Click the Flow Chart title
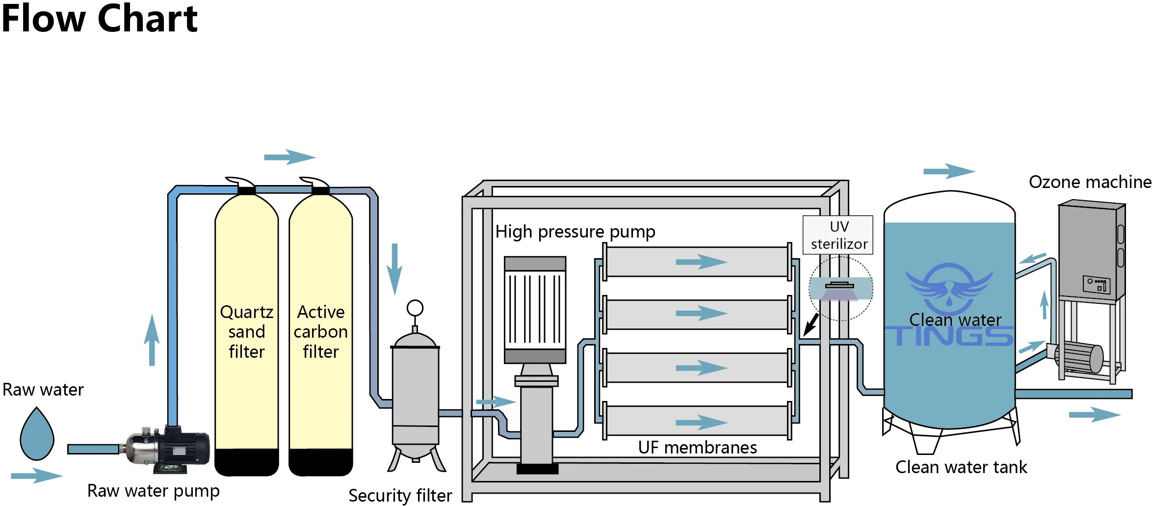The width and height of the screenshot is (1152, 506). pos(99,19)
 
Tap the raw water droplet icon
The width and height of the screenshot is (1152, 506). pos(37,435)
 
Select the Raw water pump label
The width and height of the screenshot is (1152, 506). pos(153,490)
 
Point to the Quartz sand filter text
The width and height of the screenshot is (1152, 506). pos(246,332)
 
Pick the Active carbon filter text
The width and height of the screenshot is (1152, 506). pos(321,332)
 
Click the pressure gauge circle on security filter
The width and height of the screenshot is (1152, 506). pos(415,308)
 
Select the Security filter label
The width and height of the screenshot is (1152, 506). pos(400,495)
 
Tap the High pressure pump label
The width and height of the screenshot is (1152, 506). pos(575,231)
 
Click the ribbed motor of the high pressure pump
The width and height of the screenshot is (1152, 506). pos(535,309)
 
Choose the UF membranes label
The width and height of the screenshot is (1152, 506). pos(697,447)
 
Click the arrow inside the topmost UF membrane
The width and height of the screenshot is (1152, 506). pos(701,262)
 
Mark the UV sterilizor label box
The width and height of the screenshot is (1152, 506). pos(838,235)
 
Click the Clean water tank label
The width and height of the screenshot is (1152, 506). pos(961,467)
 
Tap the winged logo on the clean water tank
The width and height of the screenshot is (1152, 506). pos(949,288)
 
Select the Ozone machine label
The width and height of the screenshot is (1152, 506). pos(1090,182)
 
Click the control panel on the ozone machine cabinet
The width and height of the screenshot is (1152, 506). pos(1096,284)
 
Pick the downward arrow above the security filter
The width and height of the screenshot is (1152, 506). pos(394,269)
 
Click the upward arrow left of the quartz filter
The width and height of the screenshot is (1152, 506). pos(152,340)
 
